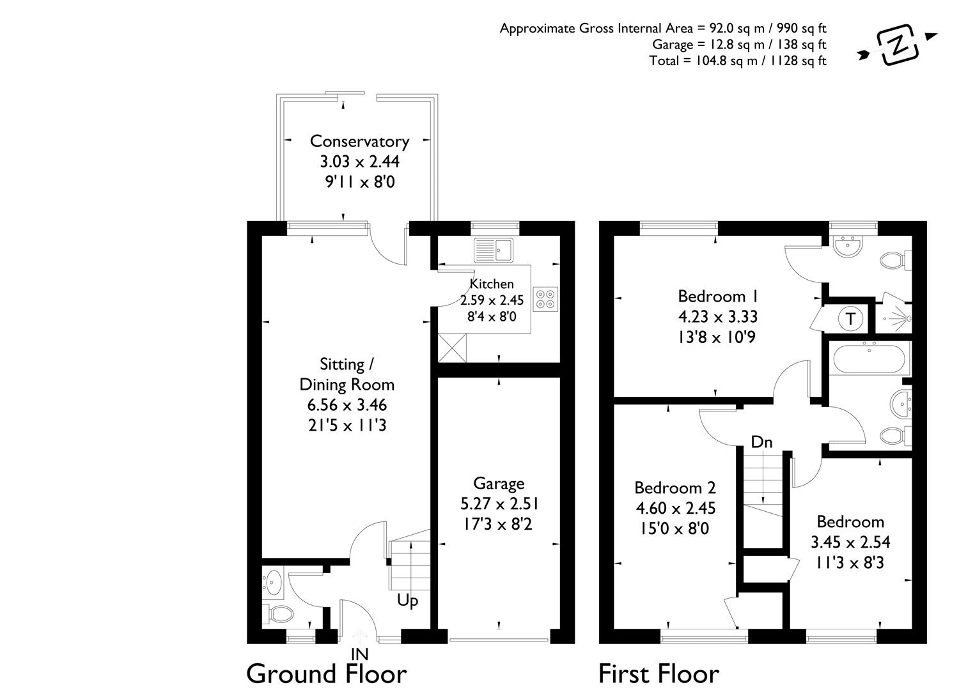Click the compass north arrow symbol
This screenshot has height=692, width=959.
[899, 46]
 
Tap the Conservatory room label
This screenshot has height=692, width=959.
[359, 141]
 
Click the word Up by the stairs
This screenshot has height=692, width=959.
[407, 601]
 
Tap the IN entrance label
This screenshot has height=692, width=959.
[360, 654]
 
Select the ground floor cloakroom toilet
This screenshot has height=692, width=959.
[279, 615]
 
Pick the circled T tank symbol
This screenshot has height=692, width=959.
[850, 318]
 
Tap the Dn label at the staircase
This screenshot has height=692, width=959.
[761, 442]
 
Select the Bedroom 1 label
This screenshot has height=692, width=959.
[717, 296]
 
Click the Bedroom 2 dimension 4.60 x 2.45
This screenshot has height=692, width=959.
[674, 509]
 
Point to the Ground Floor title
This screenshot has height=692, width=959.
[326, 673]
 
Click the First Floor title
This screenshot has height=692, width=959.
[659, 673]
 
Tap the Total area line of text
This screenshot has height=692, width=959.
[737, 61]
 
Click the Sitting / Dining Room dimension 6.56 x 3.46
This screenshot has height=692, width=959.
[347, 405]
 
